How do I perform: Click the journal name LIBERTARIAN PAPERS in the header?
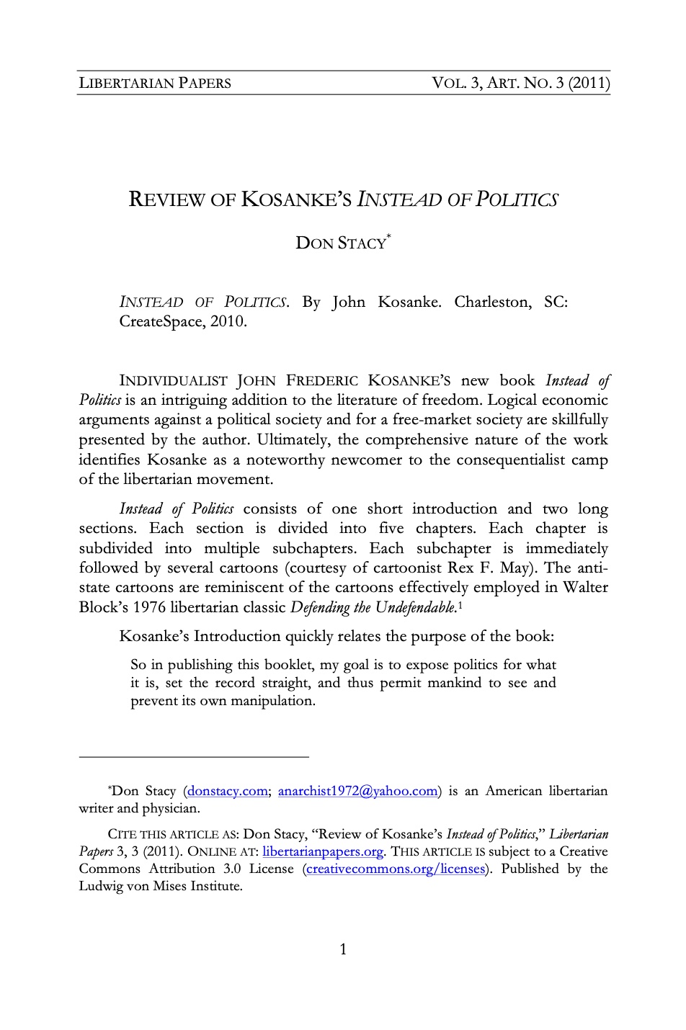155,83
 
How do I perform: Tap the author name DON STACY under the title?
341,243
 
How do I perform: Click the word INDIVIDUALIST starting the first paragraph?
174,380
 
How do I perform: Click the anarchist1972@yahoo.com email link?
357,792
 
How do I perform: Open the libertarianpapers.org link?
323,851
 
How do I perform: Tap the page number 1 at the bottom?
343,949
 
